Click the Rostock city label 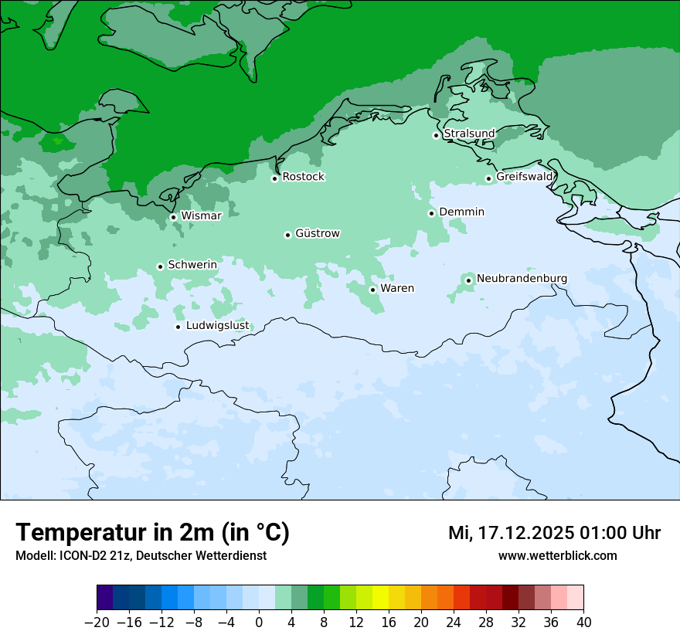pyautogui.click(x=303, y=177)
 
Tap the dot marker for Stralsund pyautogui.click(x=436, y=135)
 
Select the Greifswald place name pyautogui.click(x=524, y=177)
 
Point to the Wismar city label pyautogui.click(x=201, y=215)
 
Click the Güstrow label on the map pyautogui.click(x=317, y=233)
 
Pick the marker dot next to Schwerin pyautogui.click(x=160, y=266)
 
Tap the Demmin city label pyautogui.click(x=461, y=212)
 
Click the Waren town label pyautogui.click(x=396, y=288)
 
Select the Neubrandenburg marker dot pyautogui.click(x=468, y=280)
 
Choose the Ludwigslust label pyautogui.click(x=217, y=325)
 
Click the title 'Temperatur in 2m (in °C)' pyautogui.click(x=152, y=533)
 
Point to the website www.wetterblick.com pyautogui.click(x=557, y=555)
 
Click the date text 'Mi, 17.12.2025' pyautogui.click(x=511, y=533)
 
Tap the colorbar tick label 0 pyautogui.click(x=259, y=622)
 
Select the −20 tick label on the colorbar pyautogui.click(x=97, y=622)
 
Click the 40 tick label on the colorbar pyautogui.click(x=583, y=622)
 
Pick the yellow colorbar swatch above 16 pyautogui.click(x=380, y=598)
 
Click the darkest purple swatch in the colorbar pyautogui.click(x=105, y=598)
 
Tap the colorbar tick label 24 pyautogui.click(x=454, y=622)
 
